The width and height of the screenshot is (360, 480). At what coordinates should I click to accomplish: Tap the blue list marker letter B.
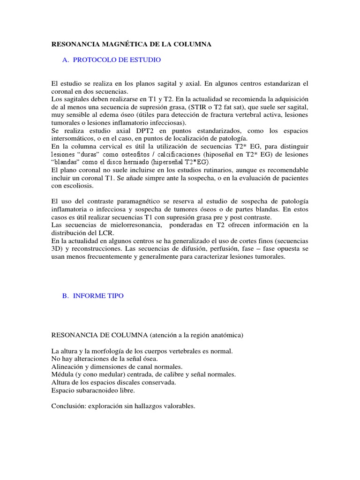pyautogui.click(x=65, y=296)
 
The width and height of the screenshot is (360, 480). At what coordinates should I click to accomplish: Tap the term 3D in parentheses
pyautogui.click(x=56, y=249)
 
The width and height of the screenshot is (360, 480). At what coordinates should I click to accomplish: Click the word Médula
pyautogui.click(x=61, y=375)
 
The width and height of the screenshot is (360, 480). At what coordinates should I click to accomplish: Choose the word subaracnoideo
pyautogui.click(x=97, y=390)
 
